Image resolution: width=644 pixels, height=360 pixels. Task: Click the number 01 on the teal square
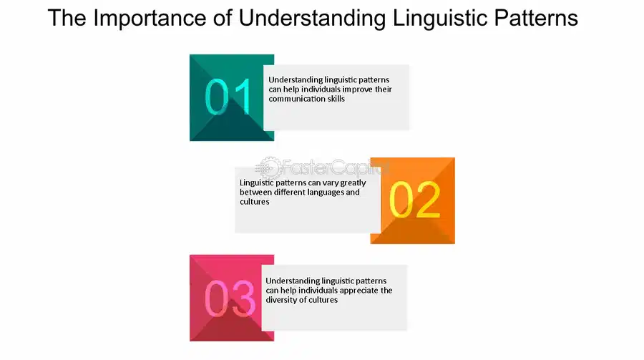click(228, 97)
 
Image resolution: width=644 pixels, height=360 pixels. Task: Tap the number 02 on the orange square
click(414, 200)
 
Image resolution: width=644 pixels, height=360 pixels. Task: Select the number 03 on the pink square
click(230, 298)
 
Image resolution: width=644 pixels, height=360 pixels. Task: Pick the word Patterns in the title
click(535, 18)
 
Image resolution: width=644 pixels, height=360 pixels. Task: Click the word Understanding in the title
click(312, 18)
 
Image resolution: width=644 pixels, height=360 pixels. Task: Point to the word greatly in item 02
click(353, 183)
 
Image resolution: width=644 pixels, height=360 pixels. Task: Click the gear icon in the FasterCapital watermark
click(269, 167)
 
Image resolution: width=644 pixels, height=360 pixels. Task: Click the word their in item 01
click(384, 89)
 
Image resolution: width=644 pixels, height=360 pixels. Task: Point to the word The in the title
click(67, 18)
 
